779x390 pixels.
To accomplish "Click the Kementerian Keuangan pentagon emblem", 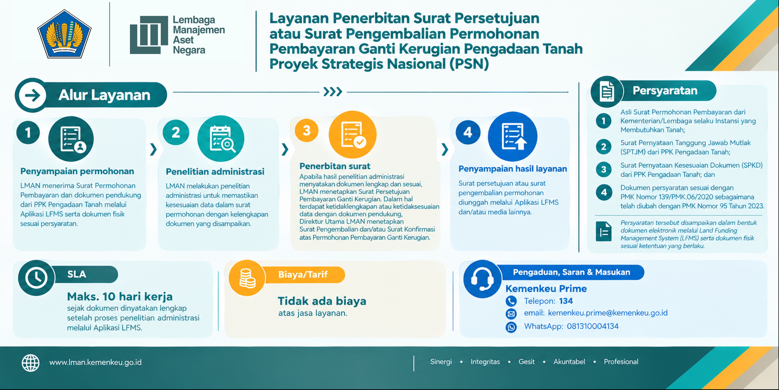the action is click(x=64, y=34).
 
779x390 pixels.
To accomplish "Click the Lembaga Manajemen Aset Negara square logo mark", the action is click(x=149, y=35).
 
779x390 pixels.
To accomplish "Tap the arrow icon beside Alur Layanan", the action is click(x=32, y=95).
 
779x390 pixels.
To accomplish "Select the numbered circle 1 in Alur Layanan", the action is click(x=28, y=133).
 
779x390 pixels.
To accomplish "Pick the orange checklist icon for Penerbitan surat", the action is click(x=353, y=134).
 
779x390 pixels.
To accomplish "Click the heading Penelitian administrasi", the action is click(x=215, y=172).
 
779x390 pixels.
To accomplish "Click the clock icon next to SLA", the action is click(x=36, y=278).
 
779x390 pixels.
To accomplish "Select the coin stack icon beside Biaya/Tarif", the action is click(x=247, y=278).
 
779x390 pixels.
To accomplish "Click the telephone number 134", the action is click(x=566, y=301).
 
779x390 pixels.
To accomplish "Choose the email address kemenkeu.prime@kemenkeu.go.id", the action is click(x=608, y=313).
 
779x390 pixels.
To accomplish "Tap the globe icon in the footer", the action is click(x=31, y=363).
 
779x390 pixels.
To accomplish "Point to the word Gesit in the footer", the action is click(x=527, y=362).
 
